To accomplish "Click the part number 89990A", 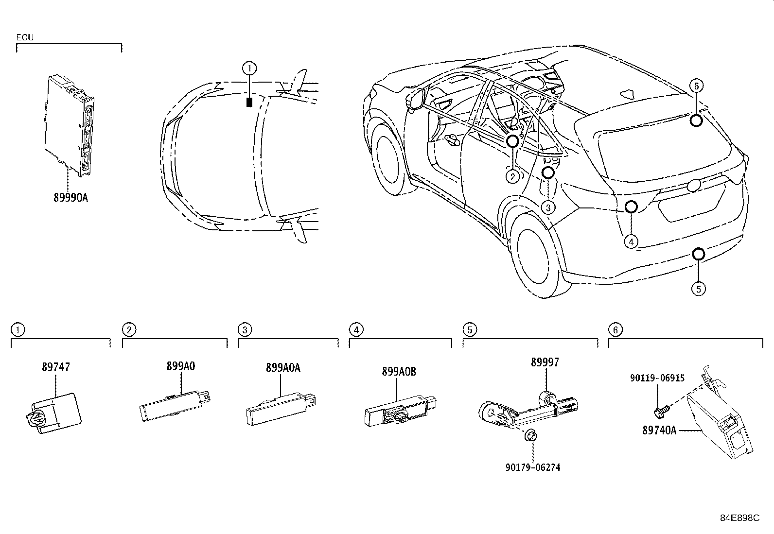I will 70,198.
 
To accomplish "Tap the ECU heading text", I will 25,37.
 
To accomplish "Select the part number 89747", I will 55,367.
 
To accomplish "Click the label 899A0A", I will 283,367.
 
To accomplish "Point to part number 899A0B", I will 399,372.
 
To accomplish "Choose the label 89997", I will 545,362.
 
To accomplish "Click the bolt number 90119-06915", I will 657,378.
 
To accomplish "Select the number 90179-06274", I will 532,467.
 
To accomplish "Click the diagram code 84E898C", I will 739,518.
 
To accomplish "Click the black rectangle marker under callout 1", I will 249,103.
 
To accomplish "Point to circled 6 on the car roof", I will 696,86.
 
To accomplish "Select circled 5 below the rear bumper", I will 698,289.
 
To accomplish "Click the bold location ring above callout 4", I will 631,207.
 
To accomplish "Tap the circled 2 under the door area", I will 512,176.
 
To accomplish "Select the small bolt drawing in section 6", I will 661,412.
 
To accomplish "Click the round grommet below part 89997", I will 530,436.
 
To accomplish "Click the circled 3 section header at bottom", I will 245,330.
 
